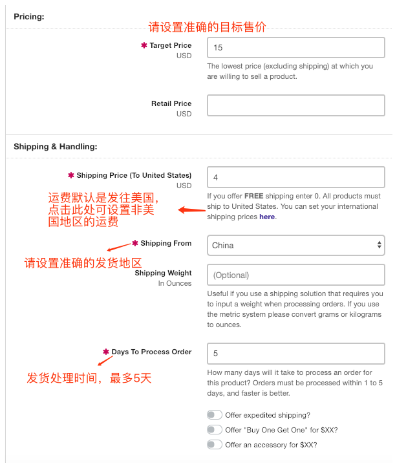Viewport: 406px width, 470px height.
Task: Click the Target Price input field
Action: click(x=295, y=48)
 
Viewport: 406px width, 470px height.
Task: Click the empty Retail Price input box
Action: click(x=295, y=105)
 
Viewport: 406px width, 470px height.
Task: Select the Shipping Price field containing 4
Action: click(x=295, y=177)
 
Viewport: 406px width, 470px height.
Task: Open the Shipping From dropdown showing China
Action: click(x=295, y=245)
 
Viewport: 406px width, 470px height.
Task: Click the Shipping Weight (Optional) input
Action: click(x=295, y=275)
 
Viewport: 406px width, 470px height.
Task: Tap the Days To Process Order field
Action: click(x=295, y=354)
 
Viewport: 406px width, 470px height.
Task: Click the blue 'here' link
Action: click(x=267, y=217)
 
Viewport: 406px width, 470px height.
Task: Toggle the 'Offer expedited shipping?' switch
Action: click(x=214, y=415)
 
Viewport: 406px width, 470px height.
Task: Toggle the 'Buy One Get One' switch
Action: click(x=214, y=430)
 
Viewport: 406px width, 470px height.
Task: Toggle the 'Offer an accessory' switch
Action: click(x=214, y=445)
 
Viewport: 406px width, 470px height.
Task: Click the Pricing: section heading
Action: click(x=29, y=16)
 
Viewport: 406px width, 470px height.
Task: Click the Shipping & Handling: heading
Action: click(x=55, y=147)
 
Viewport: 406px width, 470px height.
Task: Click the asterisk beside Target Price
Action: click(x=144, y=46)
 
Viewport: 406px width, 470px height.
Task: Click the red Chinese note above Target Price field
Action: click(x=207, y=27)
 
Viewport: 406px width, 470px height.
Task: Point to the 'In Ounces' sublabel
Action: click(x=175, y=283)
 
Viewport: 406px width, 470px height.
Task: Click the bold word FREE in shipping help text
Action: click(x=253, y=197)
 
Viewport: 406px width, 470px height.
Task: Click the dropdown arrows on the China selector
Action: click(x=379, y=245)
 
